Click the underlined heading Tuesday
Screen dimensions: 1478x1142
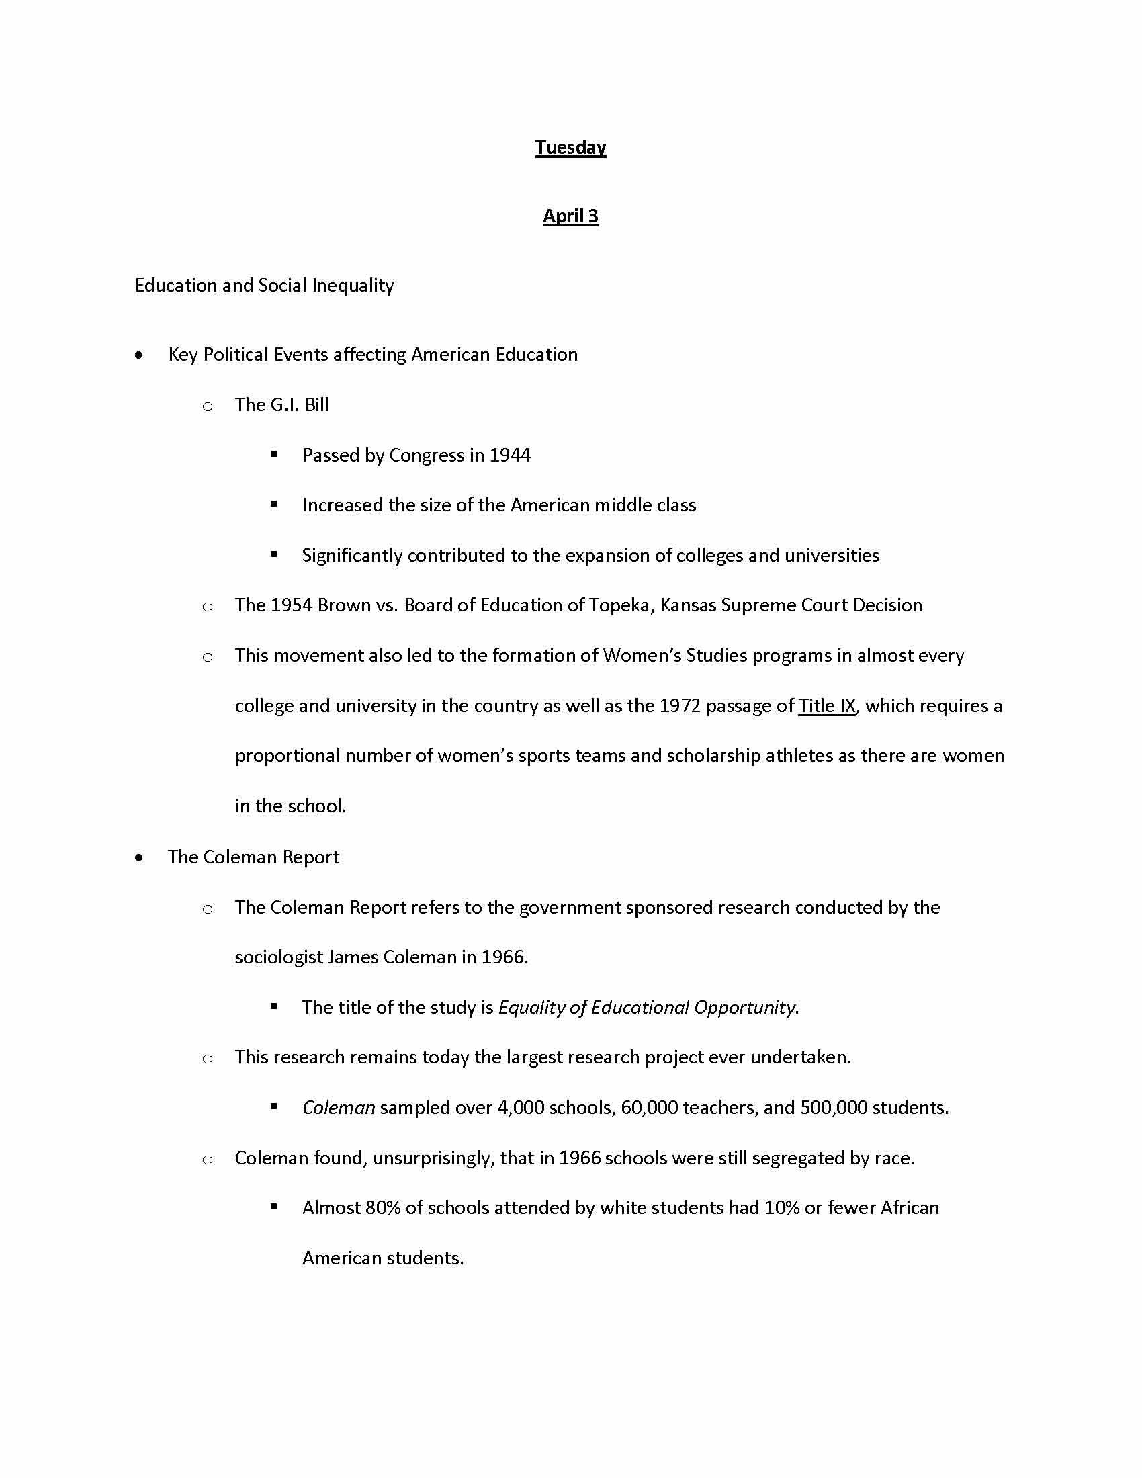[570, 148]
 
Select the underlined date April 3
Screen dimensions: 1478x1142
[570, 216]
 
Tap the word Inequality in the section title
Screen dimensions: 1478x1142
[353, 286]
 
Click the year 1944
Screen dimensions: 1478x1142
[509, 455]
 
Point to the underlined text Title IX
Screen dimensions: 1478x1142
[827, 706]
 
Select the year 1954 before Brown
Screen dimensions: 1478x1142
[291, 605]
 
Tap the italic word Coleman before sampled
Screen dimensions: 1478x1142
[339, 1108]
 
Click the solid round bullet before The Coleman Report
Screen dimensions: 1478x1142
[138, 858]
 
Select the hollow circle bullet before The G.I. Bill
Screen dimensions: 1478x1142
[208, 406]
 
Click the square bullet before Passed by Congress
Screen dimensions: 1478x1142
[274, 455]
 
